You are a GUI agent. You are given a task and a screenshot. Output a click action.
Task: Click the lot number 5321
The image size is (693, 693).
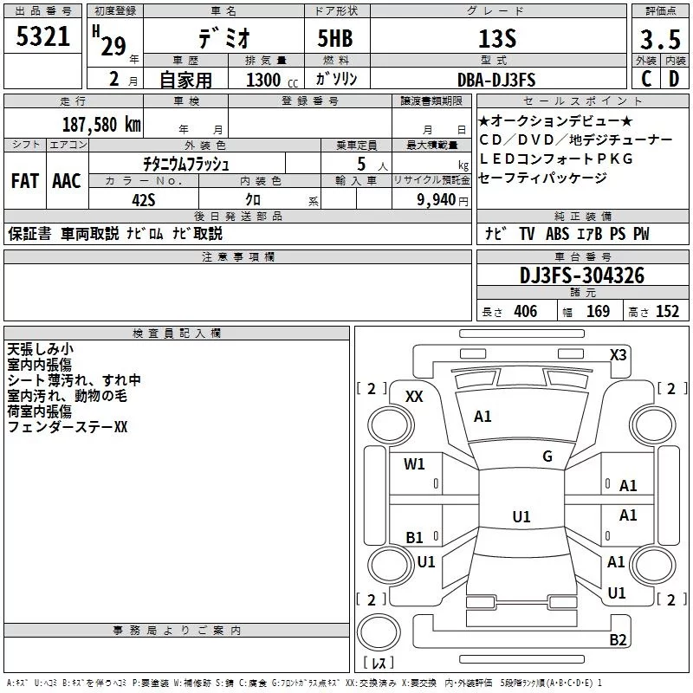pos(42,37)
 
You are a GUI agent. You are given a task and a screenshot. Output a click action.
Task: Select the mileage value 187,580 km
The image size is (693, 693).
pos(102,124)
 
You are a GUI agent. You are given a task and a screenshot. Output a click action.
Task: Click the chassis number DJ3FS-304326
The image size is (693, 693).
pos(581,275)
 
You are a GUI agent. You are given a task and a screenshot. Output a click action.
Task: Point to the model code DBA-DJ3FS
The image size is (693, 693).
pos(496,80)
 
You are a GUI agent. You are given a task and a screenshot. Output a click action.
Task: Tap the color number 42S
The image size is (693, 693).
pos(144,199)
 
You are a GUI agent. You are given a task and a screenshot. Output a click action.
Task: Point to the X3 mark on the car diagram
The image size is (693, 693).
pos(619,354)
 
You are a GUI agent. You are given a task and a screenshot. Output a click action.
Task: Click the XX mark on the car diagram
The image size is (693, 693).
pos(414,396)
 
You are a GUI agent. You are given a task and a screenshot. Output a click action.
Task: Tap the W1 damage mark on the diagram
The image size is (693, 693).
pos(414,464)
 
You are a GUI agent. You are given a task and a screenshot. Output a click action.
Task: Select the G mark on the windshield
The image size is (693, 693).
pos(547,457)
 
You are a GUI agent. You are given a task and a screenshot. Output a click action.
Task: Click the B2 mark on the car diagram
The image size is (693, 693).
pos(618,640)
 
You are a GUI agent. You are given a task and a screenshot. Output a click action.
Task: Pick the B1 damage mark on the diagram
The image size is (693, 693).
pos(414,538)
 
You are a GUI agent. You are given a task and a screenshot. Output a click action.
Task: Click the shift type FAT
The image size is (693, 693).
pos(24,181)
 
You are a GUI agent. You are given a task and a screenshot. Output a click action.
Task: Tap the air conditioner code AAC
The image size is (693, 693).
pos(67,181)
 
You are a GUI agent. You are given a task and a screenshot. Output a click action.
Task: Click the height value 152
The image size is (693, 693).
pos(667,312)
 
